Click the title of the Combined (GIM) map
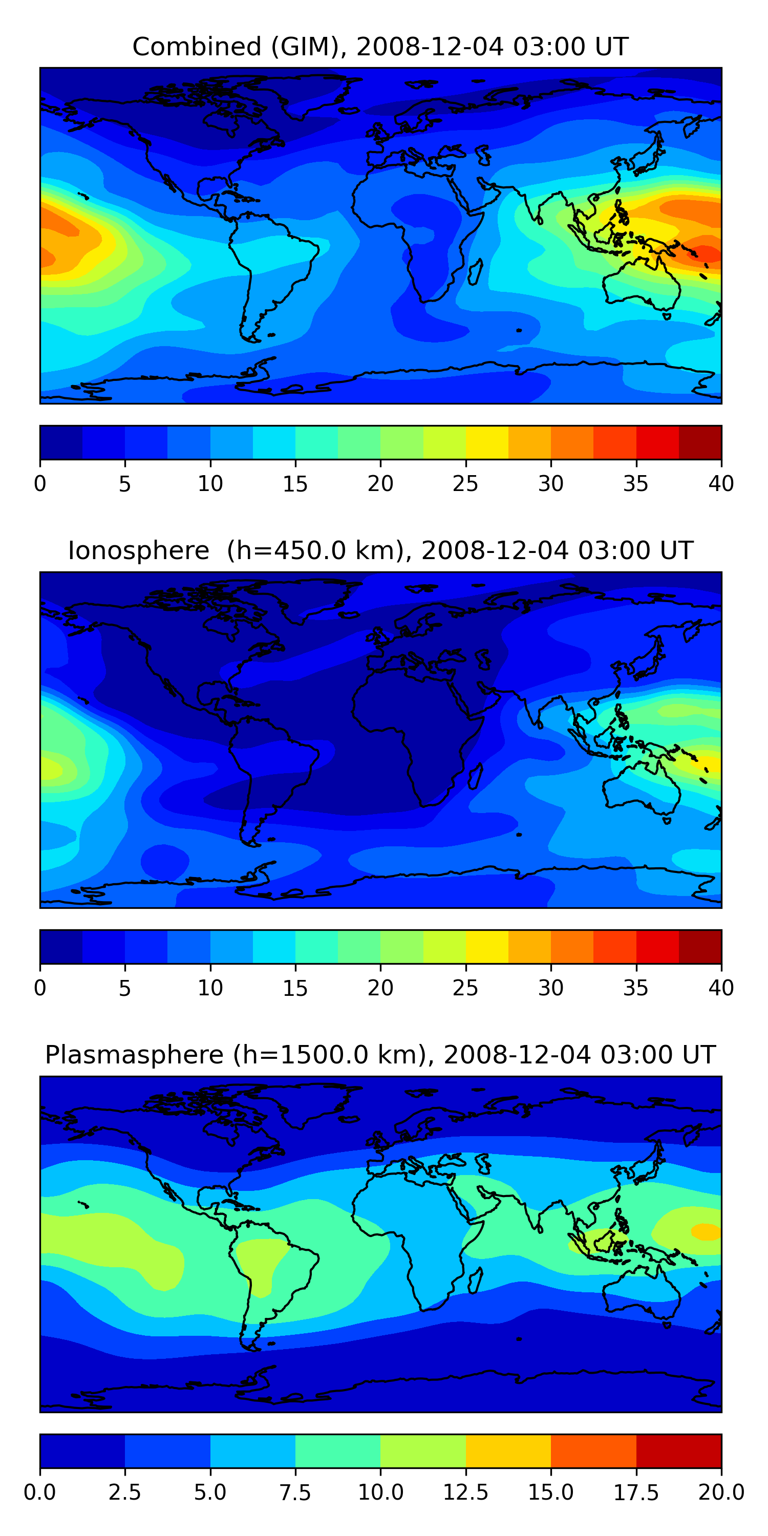380,47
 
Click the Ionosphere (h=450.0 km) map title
380,550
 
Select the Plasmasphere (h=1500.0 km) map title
380,1055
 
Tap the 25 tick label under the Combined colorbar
465,483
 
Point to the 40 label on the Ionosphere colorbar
721,988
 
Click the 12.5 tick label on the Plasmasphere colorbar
465,1492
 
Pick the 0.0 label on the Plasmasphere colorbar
40,1492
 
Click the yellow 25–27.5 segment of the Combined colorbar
486,442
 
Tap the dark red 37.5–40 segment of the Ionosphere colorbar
700,947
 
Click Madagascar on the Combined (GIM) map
475,272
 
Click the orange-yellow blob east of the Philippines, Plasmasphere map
706,1231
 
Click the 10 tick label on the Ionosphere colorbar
210,988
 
